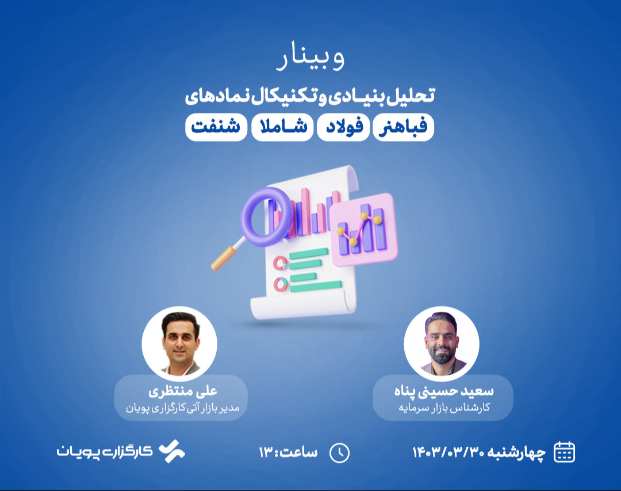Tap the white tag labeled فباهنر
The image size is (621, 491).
(403, 128)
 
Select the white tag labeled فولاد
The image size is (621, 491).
(343, 128)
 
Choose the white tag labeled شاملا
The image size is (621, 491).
(282, 128)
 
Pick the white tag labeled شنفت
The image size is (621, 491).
(216, 128)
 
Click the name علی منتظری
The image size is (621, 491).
(182, 392)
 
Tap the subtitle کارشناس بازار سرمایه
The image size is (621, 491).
(444, 408)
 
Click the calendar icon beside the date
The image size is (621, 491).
(564, 452)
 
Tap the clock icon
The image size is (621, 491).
(339, 452)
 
